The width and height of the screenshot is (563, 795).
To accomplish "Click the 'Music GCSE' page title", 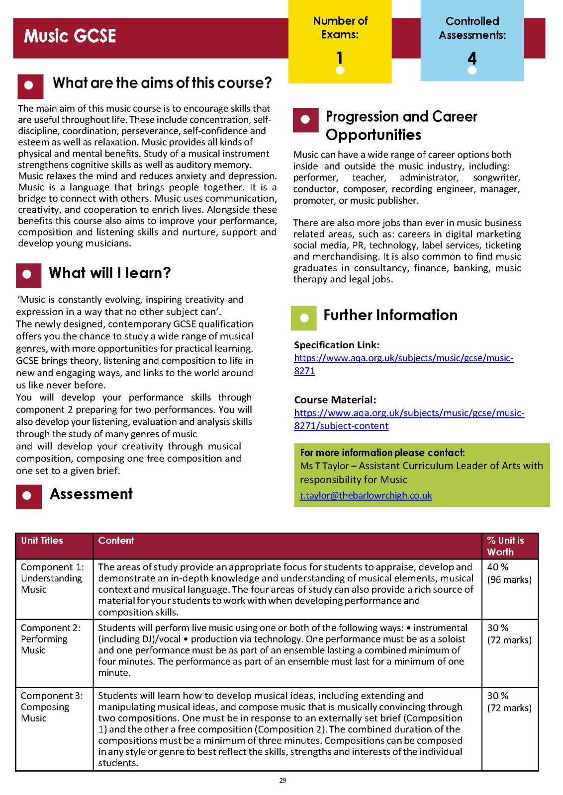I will tap(70, 36).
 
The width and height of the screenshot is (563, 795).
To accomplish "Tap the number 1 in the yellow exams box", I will tap(340, 58).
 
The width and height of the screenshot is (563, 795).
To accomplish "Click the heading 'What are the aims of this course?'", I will tap(162, 82).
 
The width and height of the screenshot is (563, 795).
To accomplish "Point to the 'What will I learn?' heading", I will tap(110, 273).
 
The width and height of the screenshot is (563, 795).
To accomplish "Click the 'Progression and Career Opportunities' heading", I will tap(401, 125).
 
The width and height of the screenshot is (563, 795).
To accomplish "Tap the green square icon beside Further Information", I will tap(303, 318).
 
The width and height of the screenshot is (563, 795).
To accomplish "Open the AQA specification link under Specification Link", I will tap(403, 364).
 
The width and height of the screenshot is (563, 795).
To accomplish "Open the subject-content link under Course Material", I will tap(409, 419).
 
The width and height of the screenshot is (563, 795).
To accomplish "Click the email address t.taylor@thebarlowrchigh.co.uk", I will tap(366, 495).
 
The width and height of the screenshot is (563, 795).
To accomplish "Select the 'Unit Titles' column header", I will tap(42, 541).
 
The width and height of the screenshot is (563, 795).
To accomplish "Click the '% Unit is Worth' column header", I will tap(505, 546).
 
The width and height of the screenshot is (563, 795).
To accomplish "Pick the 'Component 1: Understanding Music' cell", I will tap(52, 578).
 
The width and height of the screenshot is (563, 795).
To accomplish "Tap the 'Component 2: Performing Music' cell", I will tap(50, 639).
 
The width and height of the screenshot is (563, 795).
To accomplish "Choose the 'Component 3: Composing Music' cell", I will tap(52, 707).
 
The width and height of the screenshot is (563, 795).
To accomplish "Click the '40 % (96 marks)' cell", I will tap(509, 573).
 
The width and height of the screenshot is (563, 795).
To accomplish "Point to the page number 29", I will tap(282, 781).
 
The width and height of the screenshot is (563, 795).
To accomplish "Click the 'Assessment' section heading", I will tap(91, 494).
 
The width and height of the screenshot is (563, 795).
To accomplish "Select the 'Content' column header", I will tap(116, 541).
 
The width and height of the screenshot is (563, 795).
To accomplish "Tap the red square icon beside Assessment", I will tap(28, 495).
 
